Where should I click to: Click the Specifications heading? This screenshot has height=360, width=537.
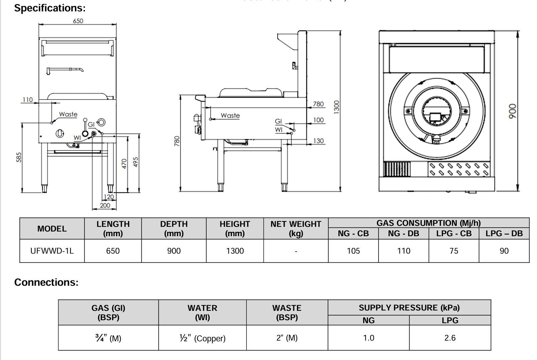[x=50, y=8]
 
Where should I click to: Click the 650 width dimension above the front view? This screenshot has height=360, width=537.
[x=78, y=21]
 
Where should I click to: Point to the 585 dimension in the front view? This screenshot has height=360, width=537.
[x=19, y=157]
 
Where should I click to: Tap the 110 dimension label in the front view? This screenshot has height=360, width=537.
[x=27, y=99]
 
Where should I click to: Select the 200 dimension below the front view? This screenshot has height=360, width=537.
[x=105, y=205]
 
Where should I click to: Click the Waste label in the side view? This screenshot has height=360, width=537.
[x=230, y=115]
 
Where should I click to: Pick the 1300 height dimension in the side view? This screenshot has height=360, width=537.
[x=336, y=107]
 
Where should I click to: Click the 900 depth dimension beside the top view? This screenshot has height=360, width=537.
[x=512, y=111]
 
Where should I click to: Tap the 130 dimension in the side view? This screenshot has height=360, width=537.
[x=318, y=141]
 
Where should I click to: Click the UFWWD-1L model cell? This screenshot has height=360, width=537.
[x=52, y=251]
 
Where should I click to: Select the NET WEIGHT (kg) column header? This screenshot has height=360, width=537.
[x=296, y=229]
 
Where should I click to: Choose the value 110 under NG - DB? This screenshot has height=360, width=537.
[x=404, y=251]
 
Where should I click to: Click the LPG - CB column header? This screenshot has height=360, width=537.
[x=454, y=234]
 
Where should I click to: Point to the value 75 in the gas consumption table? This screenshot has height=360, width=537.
[x=454, y=251]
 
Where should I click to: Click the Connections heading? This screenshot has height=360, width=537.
[x=46, y=282]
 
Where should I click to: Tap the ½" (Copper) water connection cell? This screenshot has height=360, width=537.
[x=202, y=338]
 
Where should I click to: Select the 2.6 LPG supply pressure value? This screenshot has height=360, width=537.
[x=450, y=338]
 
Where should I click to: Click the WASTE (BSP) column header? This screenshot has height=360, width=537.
[x=287, y=312]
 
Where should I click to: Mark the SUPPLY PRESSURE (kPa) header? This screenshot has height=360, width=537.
[x=409, y=307]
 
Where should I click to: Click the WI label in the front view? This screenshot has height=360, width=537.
[x=77, y=138]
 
